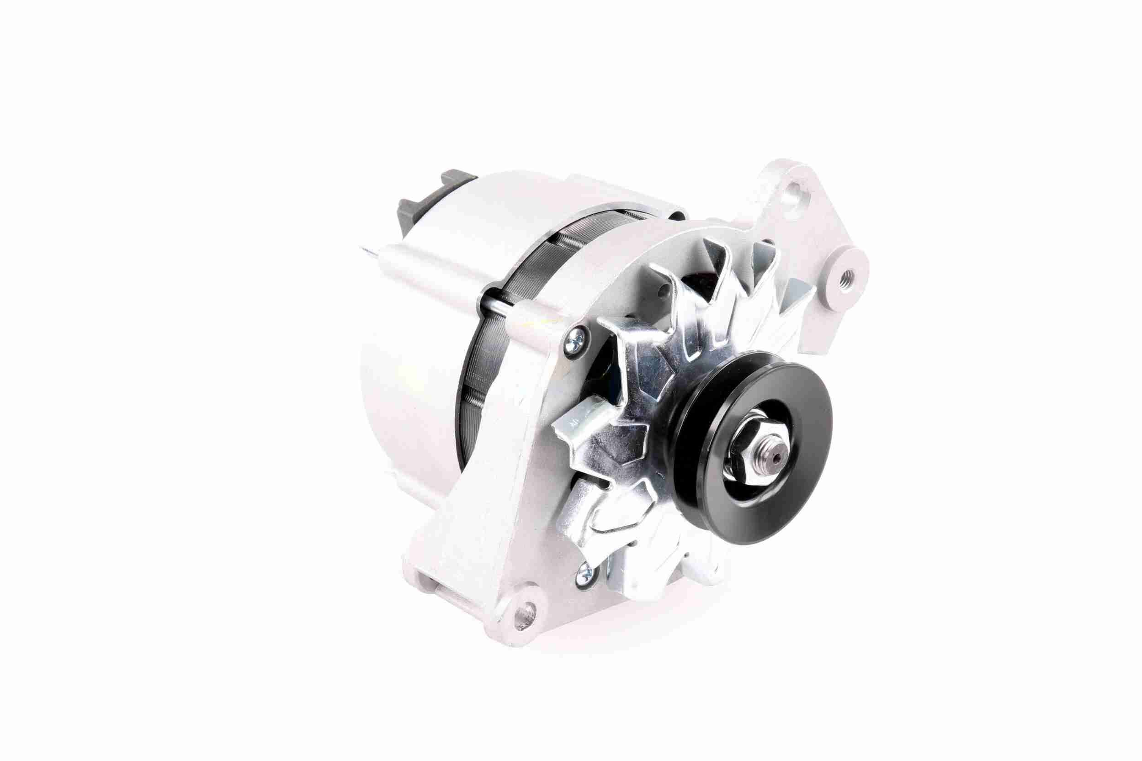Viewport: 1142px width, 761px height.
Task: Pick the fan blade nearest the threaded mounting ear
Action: point(796,301)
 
